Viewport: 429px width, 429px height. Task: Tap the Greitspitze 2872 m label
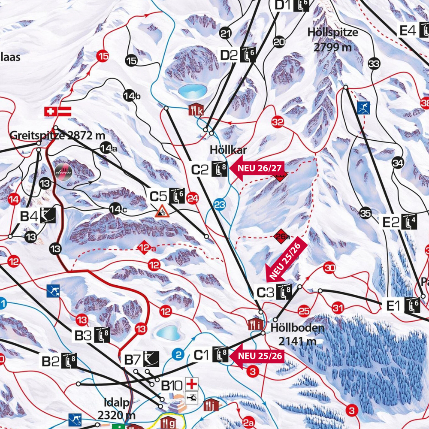[x=57, y=136]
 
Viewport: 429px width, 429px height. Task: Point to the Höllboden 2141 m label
[x=297, y=334]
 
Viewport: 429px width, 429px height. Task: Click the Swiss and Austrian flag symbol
[x=57, y=112]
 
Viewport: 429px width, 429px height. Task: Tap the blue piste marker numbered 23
[x=220, y=205]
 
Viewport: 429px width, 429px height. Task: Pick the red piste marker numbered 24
[x=193, y=198]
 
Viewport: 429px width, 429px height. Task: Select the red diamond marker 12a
[x=145, y=248]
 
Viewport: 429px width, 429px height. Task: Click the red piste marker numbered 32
[x=278, y=122]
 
